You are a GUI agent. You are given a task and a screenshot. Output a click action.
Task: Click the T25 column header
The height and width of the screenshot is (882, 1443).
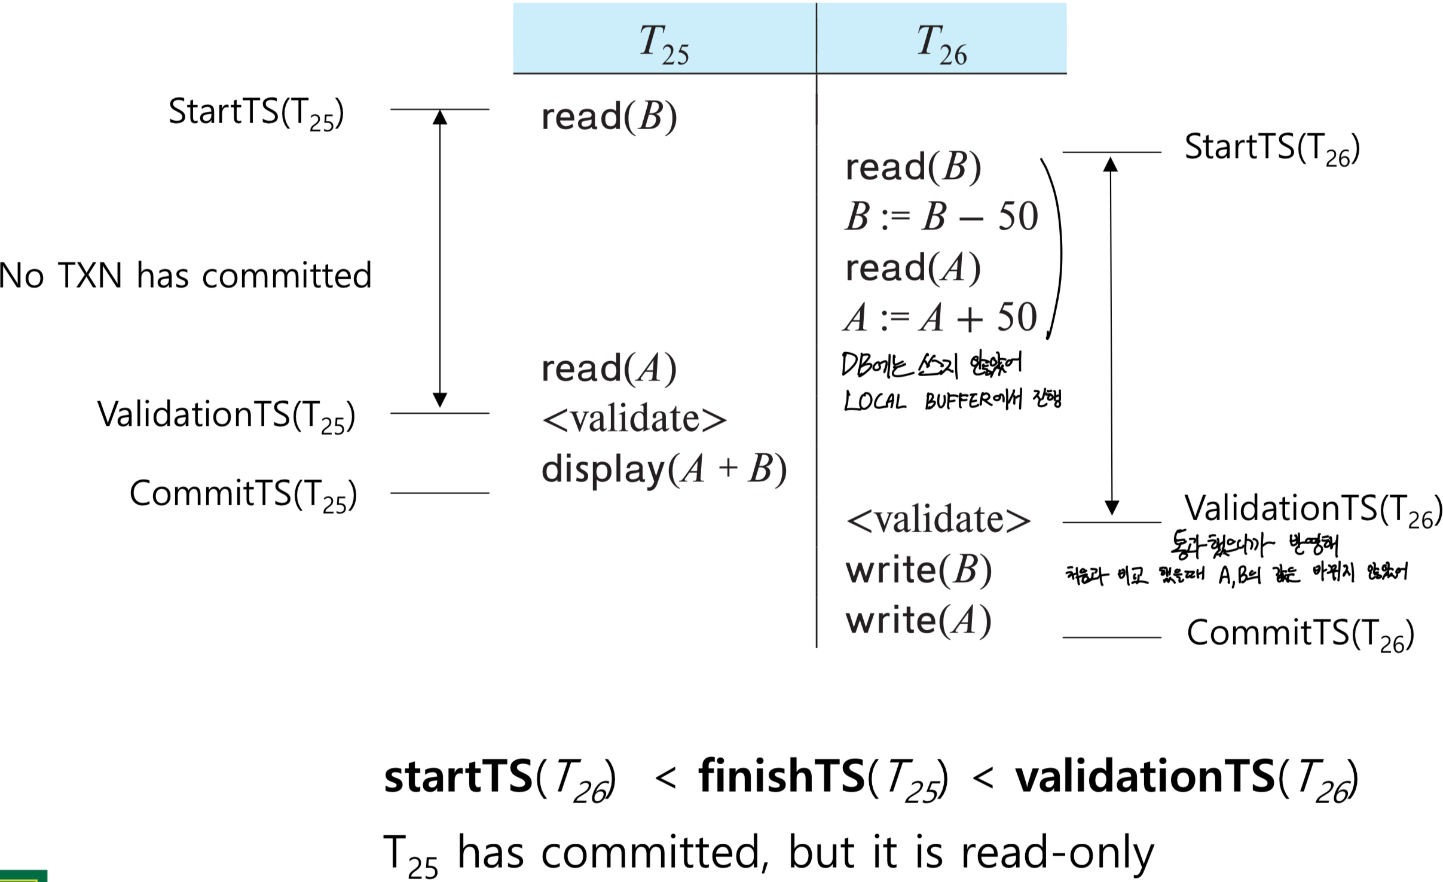(x=664, y=42)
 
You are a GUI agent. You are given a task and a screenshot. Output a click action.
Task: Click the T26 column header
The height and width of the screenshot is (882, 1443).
(x=941, y=42)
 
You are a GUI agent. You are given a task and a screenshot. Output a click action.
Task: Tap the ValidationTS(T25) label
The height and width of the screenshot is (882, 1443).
(x=226, y=415)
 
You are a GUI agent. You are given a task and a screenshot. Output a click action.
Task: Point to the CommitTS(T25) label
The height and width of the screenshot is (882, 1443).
(x=243, y=495)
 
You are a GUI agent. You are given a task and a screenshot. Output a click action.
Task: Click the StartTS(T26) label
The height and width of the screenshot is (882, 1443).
(x=1272, y=148)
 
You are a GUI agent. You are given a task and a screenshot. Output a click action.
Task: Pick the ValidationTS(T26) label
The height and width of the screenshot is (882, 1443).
(x=1313, y=509)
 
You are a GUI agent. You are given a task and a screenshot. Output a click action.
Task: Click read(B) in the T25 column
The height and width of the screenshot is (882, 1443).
(x=609, y=116)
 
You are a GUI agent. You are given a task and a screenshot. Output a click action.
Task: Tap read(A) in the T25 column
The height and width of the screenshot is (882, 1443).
(x=609, y=368)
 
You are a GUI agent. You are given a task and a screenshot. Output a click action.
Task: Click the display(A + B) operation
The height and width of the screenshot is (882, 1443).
(x=664, y=469)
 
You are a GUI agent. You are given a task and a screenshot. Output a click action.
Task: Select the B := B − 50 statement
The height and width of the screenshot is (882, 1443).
(x=941, y=216)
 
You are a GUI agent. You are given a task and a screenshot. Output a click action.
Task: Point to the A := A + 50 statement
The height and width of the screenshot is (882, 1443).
(x=940, y=318)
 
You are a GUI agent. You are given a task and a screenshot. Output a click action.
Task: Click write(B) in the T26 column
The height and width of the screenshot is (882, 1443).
(x=918, y=569)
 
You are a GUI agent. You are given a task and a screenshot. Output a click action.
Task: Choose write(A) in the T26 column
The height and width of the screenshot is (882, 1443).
(x=918, y=620)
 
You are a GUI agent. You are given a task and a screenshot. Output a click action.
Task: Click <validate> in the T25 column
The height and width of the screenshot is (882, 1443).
(x=634, y=419)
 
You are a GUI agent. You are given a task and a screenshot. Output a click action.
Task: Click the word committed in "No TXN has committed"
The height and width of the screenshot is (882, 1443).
(x=287, y=276)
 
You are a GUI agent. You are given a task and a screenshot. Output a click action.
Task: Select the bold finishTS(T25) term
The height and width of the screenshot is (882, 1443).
(x=823, y=777)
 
